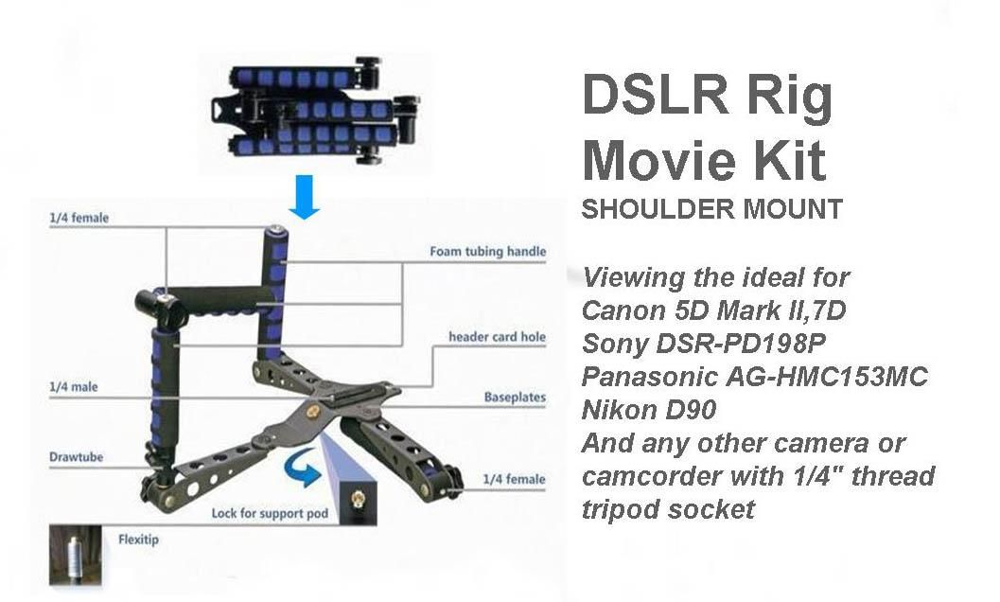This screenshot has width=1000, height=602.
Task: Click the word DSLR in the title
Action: [x=655, y=94]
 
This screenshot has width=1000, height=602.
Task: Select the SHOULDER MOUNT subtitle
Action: [x=711, y=209]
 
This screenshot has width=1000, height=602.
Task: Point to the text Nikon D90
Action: [x=649, y=409]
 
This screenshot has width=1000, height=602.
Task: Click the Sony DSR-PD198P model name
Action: [x=704, y=343]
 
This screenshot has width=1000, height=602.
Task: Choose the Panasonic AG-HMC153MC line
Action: [x=754, y=376]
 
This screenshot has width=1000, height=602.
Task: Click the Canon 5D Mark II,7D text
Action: [x=713, y=310]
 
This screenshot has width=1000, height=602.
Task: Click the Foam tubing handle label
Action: [x=488, y=252]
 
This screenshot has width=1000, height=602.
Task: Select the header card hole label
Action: [x=497, y=336]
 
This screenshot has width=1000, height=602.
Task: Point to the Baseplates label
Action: [x=515, y=398]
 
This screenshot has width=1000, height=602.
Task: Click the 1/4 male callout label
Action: [x=74, y=387]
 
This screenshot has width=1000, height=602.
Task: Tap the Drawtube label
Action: [x=76, y=457]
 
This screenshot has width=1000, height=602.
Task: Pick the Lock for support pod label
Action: [x=270, y=513]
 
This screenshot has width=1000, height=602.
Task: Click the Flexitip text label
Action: [x=138, y=540]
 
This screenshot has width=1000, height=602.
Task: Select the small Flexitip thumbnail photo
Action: [x=76, y=555]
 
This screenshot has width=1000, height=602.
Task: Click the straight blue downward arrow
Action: [x=305, y=197]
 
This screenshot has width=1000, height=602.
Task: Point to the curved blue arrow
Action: [x=303, y=467]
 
